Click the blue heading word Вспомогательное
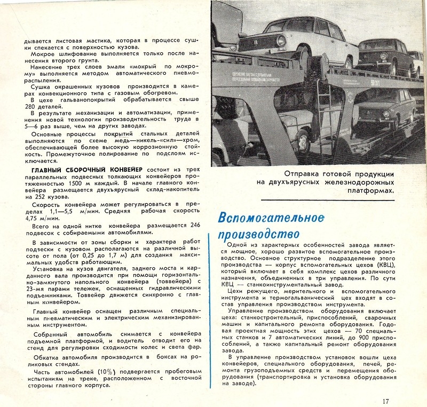click(x=271, y=219)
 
